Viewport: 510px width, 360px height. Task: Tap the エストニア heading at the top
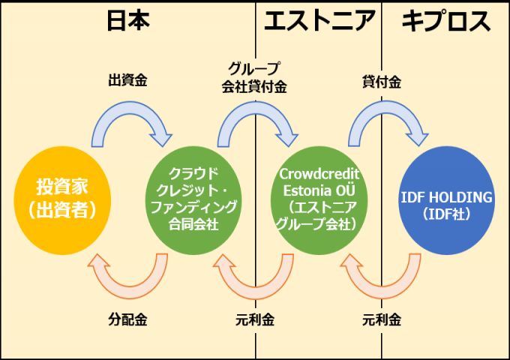319,21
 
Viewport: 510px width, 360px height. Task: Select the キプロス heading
445,21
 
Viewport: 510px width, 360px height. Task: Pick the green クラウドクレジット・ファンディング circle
193,199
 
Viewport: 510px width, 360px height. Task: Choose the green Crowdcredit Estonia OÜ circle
319,199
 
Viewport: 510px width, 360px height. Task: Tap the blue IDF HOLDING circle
446,199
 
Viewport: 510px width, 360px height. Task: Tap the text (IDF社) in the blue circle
446,214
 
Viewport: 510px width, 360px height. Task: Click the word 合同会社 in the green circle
193,223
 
